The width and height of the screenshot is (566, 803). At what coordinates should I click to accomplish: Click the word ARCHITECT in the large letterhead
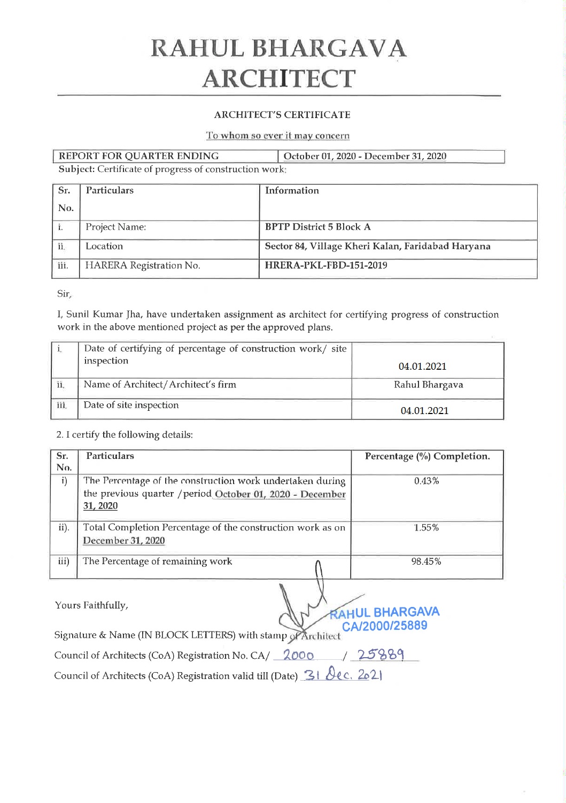(278, 79)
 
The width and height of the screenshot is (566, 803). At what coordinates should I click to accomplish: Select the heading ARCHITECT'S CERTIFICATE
(282, 115)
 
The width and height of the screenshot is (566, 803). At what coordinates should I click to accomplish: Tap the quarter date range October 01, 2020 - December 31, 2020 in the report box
(365, 157)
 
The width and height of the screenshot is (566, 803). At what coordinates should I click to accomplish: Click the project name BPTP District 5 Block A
(318, 227)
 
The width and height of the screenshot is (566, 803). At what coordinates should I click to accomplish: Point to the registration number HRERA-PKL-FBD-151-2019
(326, 266)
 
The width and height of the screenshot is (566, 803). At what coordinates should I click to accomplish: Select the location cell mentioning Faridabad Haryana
(378, 246)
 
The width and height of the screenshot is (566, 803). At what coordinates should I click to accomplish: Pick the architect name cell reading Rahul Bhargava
(428, 385)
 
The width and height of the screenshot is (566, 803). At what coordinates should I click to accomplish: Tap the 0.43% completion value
(427, 481)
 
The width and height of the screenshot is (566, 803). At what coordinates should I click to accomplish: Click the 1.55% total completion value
(427, 528)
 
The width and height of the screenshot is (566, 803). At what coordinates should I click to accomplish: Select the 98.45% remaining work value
(426, 562)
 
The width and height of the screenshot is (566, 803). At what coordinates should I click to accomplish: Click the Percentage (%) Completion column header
(427, 457)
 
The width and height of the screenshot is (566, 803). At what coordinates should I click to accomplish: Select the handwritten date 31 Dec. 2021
(343, 675)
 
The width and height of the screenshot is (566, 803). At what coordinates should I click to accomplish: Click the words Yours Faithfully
(91, 605)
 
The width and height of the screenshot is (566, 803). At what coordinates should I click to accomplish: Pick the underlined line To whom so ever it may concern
(278, 136)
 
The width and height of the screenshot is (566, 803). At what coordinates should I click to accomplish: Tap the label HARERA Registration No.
(143, 266)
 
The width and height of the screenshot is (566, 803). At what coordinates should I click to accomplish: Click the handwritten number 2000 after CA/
(298, 656)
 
